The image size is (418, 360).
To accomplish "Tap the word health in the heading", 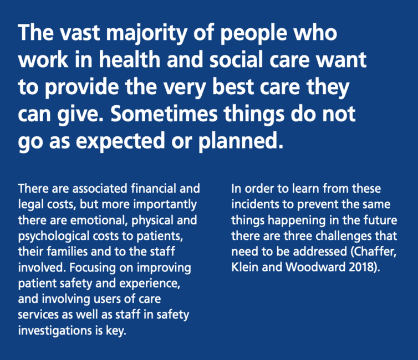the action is click(x=130, y=59).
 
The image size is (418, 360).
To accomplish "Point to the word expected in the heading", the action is click(x=120, y=142).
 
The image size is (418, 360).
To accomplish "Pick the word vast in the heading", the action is click(x=79, y=33).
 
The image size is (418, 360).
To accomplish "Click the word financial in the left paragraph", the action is click(x=153, y=188).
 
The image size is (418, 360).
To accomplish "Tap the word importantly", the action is click(x=165, y=205).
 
